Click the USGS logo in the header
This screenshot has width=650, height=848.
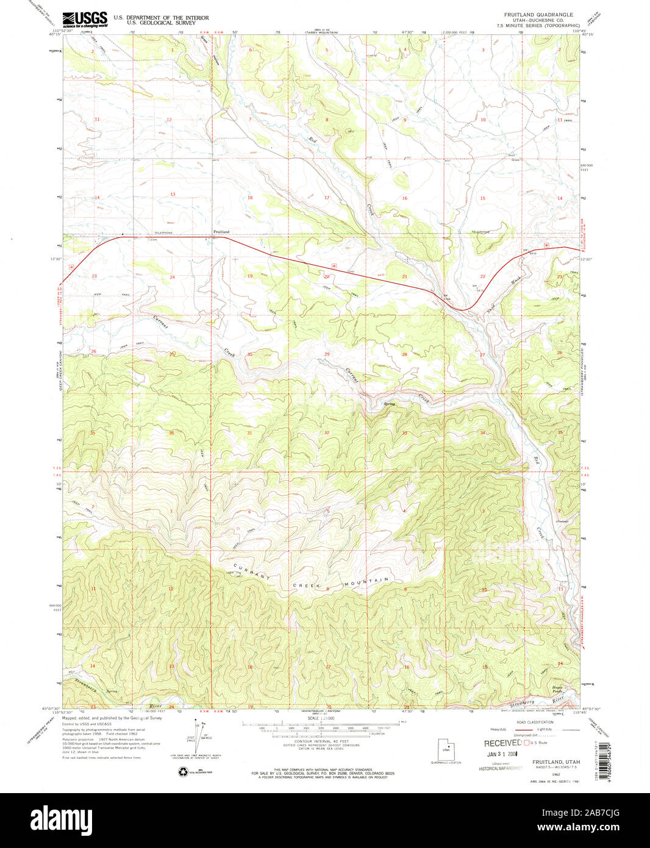[x=85, y=19]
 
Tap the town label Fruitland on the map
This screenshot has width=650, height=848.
[x=221, y=232]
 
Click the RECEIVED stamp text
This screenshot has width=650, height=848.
[x=503, y=743]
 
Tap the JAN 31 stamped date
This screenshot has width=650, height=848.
[x=501, y=754]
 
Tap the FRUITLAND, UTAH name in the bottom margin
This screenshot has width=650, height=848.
[x=555, y=762]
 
